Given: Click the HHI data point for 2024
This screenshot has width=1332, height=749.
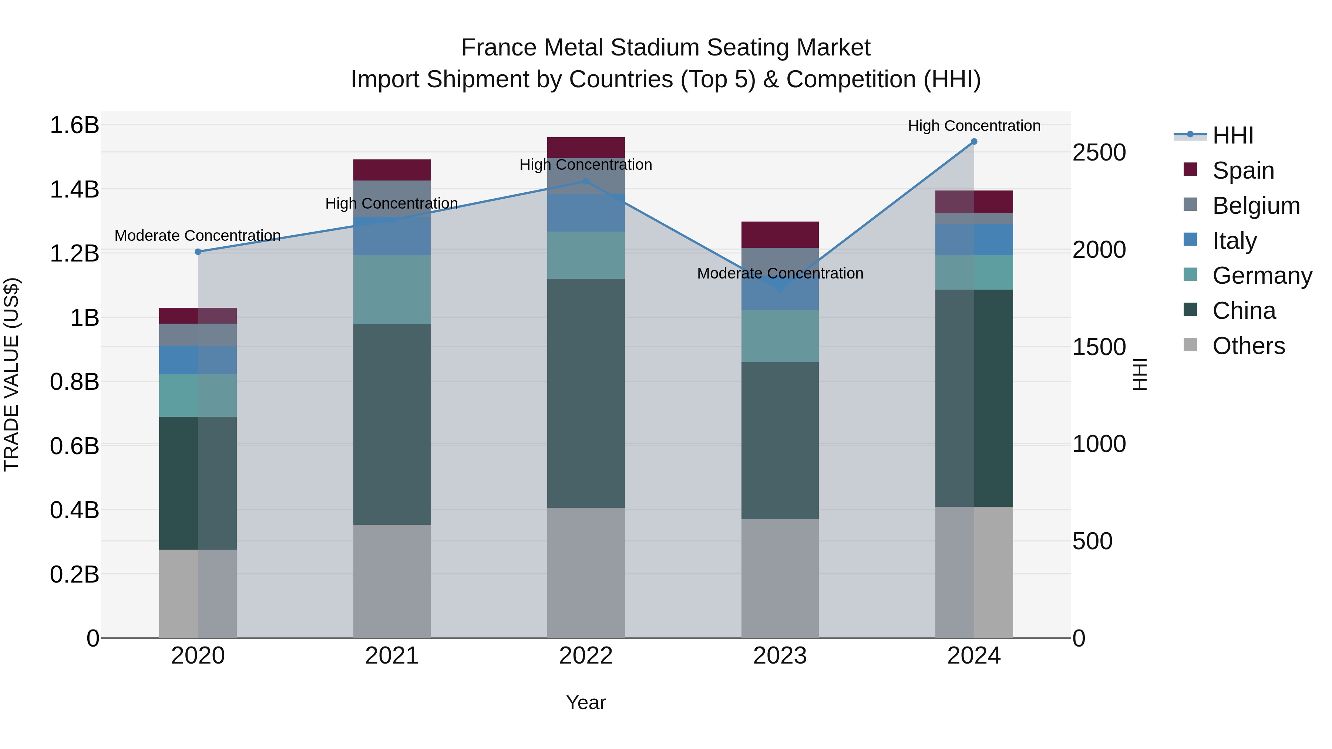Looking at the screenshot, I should point(974,142).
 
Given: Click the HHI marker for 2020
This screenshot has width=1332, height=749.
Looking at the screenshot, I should point(198,252).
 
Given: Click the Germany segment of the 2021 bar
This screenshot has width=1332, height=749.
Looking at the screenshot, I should point(392,290).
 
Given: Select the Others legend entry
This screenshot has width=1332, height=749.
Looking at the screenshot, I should point(1248,346).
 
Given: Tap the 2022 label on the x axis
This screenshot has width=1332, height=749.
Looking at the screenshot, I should point(586,656).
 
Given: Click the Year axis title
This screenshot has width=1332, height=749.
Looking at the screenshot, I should point(586,702).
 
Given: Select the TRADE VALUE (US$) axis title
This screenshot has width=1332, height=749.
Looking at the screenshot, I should point(11,374).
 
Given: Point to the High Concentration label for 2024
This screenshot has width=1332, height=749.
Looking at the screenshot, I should point(974,126).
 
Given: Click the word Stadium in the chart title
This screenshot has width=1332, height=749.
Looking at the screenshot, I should point(656,48).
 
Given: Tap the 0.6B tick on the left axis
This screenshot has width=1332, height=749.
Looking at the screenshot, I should point(74,446).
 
